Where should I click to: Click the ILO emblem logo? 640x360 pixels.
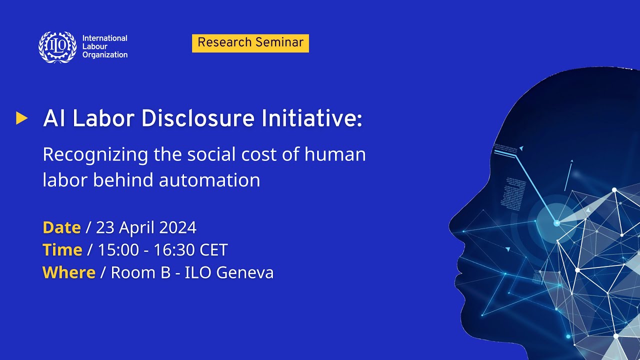click(58, 47)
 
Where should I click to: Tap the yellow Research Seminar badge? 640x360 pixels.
click(250, 43)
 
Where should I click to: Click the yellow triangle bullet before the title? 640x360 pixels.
click(21, 118)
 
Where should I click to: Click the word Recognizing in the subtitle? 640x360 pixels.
click(95, 155)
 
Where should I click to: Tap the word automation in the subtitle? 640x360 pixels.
click(209, 180)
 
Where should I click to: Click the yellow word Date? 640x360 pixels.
click(61, 227)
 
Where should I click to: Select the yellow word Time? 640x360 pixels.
click(62, 250)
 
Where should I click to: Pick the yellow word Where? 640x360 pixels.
click(69, 272)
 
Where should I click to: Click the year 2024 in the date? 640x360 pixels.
click(178, 227)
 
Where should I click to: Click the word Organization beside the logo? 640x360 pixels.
click(105, 55)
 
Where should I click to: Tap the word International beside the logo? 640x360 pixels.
click(105, 38)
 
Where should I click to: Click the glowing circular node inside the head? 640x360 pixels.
click(556, 223)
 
